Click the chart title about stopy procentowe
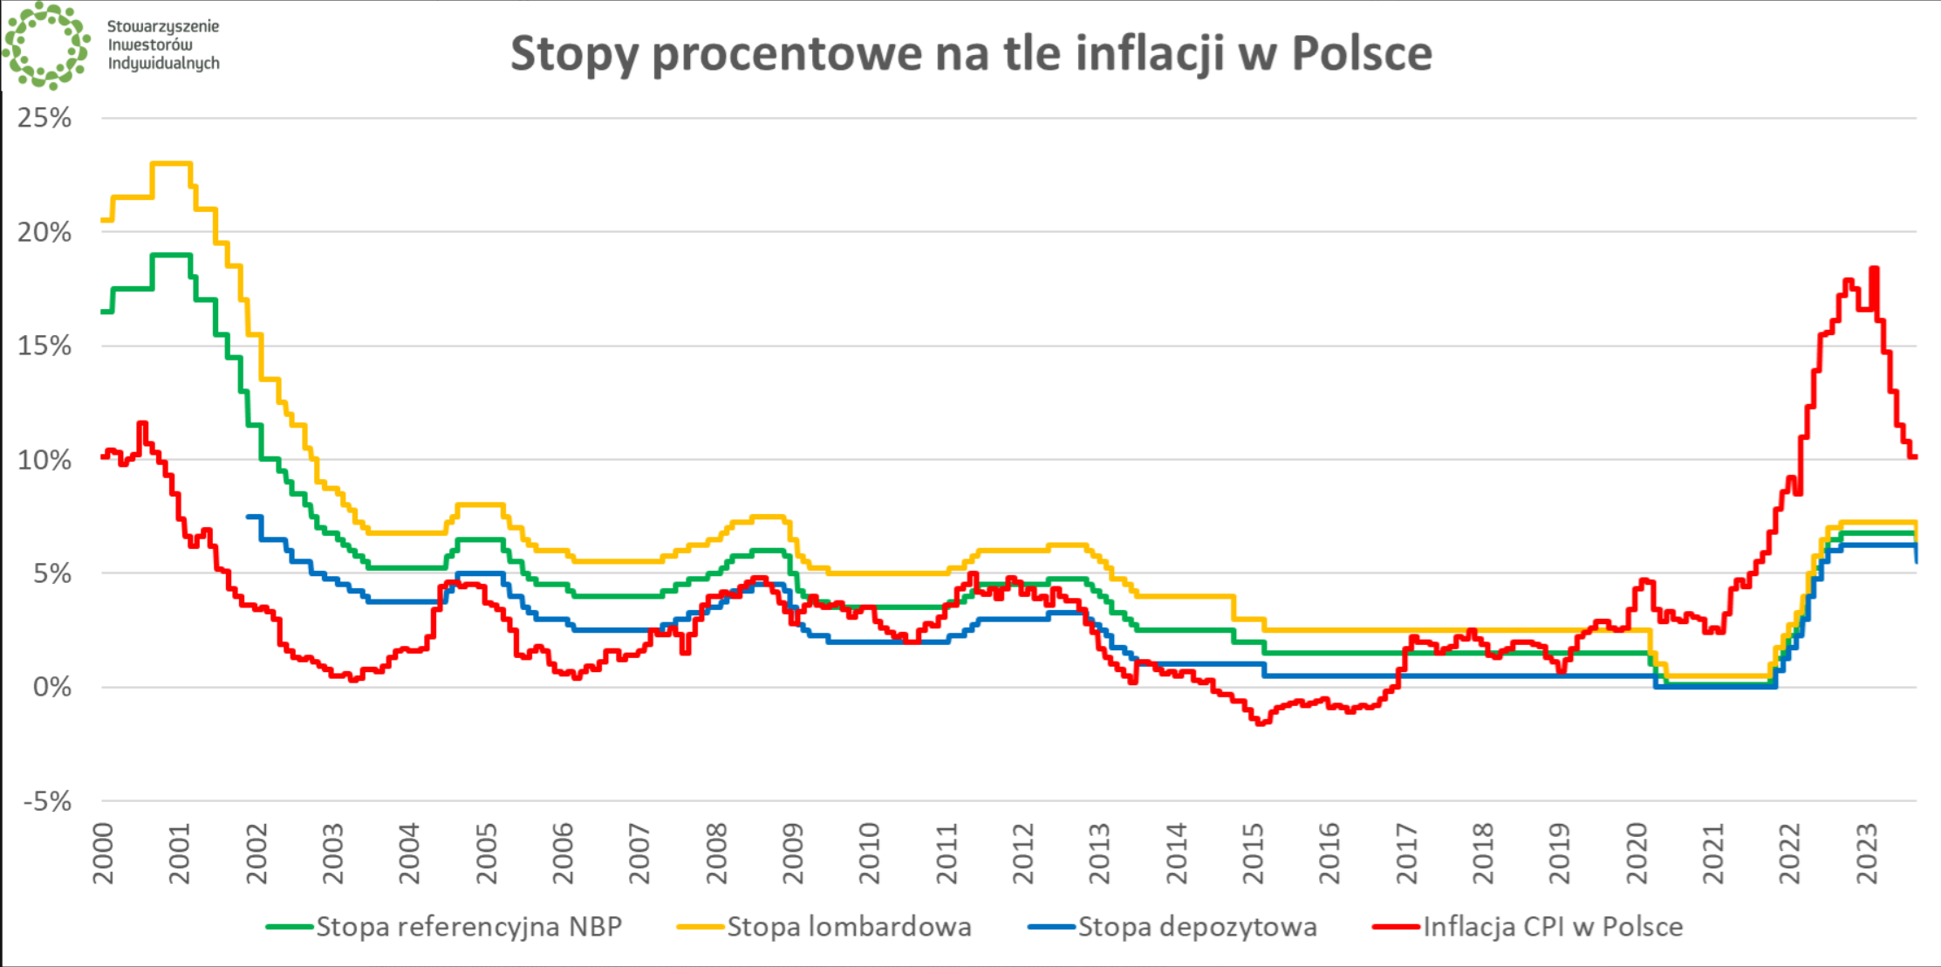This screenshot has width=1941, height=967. tap(970, 53)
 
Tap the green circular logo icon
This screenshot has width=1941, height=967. tap(46, 45)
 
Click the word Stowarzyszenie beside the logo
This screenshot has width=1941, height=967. tap(163, 26)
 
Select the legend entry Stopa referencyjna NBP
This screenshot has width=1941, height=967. tap(468, 926)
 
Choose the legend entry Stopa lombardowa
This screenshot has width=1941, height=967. tap(848, 926)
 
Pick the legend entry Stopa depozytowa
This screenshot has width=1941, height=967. tap(1197, 926)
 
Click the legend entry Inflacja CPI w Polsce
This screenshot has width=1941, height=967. tap(1552, 926)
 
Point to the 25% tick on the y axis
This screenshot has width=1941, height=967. tap(44, 118)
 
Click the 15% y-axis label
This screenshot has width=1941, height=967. tap(44, 346)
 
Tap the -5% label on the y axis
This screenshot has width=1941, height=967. tap(47, 801)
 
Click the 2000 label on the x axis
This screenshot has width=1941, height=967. tap(104, 854)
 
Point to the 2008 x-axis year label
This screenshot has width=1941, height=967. tap(717, 854)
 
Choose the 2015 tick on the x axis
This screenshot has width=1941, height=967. tap(1254, 854)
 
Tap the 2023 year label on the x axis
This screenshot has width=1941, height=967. tap(1867, 854)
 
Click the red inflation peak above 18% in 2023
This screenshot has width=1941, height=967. tap(1874, 269)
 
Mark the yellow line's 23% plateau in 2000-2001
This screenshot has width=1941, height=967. tap(171, 164)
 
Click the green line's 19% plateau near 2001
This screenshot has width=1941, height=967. tap(171, 255)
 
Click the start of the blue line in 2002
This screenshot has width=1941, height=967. tap(249, 517)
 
